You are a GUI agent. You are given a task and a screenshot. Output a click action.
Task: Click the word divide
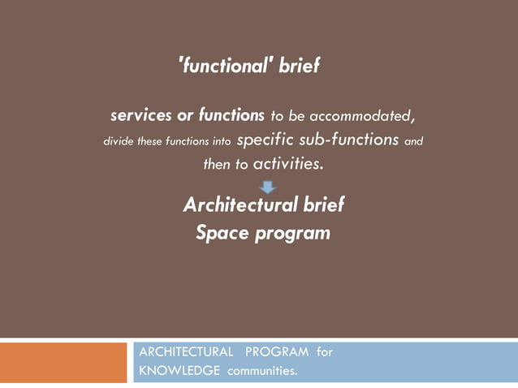coord(119,141)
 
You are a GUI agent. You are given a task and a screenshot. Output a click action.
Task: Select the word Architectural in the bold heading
coord(235,205)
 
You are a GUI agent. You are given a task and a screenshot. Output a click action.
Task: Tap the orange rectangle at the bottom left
coord(64,362)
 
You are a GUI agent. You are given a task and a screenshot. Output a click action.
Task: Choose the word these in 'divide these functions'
coord(150,141)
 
